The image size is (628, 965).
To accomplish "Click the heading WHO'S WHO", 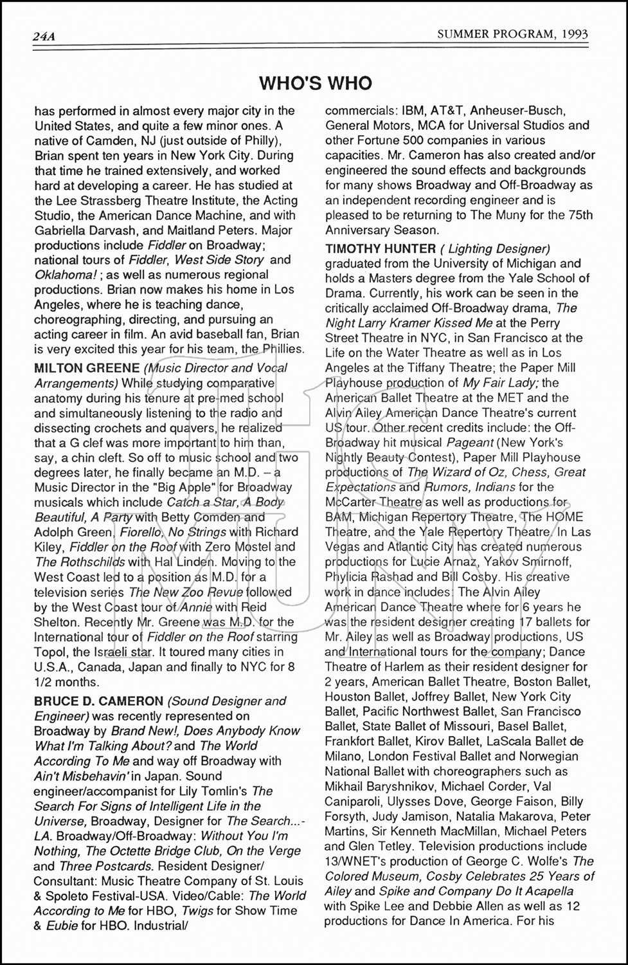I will tap(316, 83).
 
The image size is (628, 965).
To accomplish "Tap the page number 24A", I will tap(44, 36).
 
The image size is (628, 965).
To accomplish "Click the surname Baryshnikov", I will tap(404, 786).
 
